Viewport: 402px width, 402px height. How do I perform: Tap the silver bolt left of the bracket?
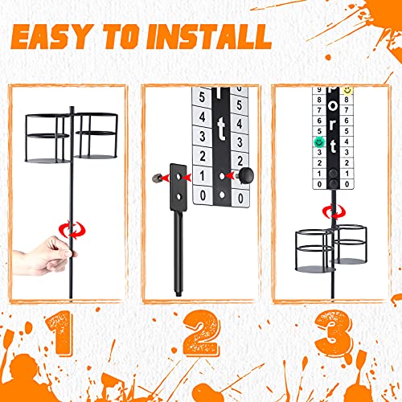click(153, 174)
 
